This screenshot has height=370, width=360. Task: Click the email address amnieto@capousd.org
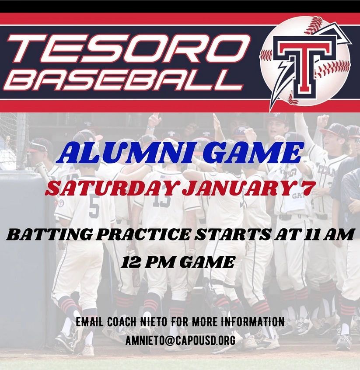tap(180, 340)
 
